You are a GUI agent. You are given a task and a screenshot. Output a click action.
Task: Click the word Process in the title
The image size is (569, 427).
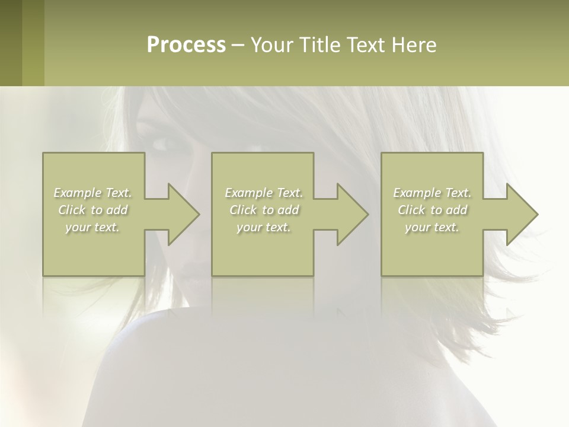point(186,45)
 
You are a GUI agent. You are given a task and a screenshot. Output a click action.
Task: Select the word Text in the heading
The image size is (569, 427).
point(366,45)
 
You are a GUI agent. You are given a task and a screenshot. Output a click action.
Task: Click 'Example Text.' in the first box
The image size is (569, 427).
point(92,193)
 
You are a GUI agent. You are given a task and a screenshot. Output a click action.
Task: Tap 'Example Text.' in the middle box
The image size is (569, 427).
point(263,193)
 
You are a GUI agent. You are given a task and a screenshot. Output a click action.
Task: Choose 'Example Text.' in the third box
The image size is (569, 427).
point(432,193)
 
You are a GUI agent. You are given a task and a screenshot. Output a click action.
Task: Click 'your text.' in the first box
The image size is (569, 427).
point(92,227)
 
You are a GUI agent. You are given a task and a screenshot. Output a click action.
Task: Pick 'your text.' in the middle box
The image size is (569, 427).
point(263,227)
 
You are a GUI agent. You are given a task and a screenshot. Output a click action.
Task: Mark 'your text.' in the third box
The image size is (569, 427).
point(432,227)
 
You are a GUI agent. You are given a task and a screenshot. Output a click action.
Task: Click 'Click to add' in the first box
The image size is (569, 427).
point(92,210)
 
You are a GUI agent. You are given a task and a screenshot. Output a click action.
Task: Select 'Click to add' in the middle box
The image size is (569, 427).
point(263,210)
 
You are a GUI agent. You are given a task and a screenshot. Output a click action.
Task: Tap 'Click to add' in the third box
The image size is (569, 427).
point(432,210)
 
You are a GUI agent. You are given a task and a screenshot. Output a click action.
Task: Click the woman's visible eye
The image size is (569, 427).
point(160,144)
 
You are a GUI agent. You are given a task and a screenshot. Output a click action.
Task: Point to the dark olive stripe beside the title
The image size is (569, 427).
point(11,43)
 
